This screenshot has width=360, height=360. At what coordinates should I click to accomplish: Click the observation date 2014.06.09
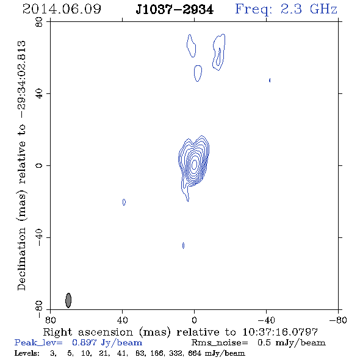click(x=62, y=9)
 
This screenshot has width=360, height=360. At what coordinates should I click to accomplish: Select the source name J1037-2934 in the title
click(x=175, y=10)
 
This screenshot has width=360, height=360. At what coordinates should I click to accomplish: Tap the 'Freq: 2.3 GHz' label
click(x=286, y=9)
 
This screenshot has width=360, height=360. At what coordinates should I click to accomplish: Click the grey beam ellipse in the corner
click(x=68, y=300)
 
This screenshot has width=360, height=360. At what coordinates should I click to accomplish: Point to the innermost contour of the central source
click(x=194, y=164)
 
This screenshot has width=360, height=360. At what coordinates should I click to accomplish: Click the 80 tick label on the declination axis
click(x=39, y=22)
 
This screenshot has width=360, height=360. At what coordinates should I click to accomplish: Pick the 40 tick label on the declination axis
click(x=39, y=94)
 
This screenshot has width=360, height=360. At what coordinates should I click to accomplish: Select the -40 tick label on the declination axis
click(x=39, y=237)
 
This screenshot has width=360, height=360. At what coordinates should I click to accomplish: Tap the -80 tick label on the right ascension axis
click(x=338, y=320)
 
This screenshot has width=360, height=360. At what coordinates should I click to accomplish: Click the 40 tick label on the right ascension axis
click(x=123, y=320)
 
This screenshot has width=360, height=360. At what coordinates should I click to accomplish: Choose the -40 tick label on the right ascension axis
click(x=266, y=320)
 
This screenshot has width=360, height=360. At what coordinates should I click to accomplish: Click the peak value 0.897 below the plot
click(x=84, y=342)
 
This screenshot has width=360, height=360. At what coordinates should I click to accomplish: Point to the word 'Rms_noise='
click(x=220, y=343)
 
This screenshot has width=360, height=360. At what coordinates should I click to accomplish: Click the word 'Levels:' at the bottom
click(x=27, y=353)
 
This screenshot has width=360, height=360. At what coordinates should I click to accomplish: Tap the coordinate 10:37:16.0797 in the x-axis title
click(x=280, y=332)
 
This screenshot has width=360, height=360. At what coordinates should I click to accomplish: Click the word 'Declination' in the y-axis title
click(x=21, y=259)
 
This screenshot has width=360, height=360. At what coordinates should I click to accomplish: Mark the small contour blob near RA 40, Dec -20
click(x=124, y=202)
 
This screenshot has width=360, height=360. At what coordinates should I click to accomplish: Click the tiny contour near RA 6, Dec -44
click(x=183, y=245)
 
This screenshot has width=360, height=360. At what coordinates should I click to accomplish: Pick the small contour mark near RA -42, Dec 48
click(x=270, y=80)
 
